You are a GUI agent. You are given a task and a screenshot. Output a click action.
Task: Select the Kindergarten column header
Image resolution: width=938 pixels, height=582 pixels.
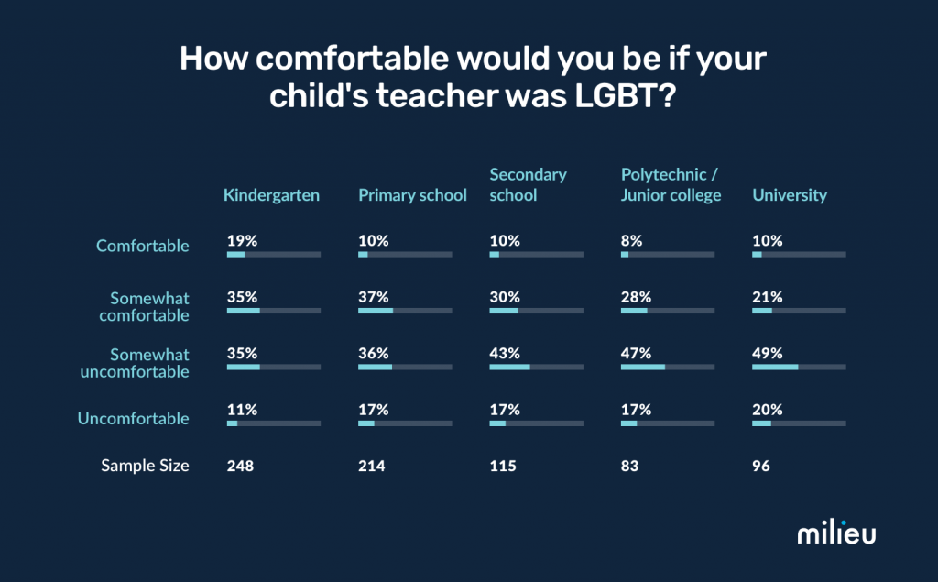[271, 194]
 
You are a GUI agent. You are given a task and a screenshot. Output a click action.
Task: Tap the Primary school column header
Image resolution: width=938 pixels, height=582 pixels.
[412, 194]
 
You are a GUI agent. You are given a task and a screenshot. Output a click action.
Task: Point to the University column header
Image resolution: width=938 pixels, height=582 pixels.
[790, 194]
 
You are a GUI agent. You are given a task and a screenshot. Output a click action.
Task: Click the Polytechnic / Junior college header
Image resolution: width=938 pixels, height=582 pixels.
[671, 184]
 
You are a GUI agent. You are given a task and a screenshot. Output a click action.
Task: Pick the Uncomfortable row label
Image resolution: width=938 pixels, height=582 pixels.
[133, 418]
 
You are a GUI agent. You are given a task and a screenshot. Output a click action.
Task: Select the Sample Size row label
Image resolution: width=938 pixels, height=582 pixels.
[145, 466]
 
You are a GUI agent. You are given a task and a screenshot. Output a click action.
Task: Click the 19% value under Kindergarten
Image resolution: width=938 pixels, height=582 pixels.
[242, 240]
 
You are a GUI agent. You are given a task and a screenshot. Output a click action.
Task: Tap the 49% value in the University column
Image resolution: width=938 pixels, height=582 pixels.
[768, 353]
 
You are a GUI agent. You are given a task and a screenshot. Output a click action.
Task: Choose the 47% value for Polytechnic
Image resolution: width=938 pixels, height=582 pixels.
[636, 353]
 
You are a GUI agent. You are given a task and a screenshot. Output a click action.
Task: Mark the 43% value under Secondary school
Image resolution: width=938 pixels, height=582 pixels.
[505, 353]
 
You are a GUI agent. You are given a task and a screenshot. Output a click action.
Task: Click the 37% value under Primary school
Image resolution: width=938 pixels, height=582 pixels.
[373, 297]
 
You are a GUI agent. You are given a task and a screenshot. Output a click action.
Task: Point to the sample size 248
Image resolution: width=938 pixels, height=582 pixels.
[240, 466]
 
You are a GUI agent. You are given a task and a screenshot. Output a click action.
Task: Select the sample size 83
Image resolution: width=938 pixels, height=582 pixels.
[629, 466]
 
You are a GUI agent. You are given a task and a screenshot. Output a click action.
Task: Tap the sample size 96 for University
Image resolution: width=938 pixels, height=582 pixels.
[761, 466]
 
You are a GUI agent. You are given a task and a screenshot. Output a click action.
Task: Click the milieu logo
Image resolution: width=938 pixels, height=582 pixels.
[835, 533]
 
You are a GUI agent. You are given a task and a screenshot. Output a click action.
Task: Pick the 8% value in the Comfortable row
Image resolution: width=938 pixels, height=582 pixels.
[631, 240]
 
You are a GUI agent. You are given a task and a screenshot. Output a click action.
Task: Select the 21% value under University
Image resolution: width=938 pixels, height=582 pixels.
[767, 297]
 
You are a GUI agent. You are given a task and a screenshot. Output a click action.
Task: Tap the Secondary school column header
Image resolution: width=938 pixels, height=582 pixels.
[528, 184]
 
